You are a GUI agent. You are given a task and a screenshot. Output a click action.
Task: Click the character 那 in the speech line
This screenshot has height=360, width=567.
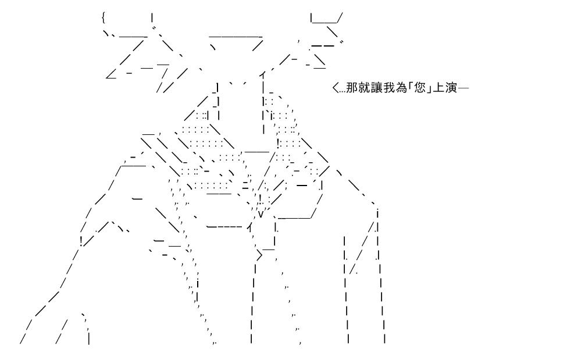(352, 88)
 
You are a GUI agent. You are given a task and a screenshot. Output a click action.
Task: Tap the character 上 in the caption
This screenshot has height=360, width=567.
(438, 88)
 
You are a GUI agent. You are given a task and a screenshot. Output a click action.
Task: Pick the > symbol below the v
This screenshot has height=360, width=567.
(259, 256)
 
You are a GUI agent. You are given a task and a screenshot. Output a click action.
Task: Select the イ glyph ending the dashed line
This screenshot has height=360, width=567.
(249, 227)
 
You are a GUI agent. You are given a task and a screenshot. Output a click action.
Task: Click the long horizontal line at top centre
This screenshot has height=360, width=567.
(236, 37)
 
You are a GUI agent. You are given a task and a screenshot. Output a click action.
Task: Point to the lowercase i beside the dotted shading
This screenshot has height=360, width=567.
(272, 115)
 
